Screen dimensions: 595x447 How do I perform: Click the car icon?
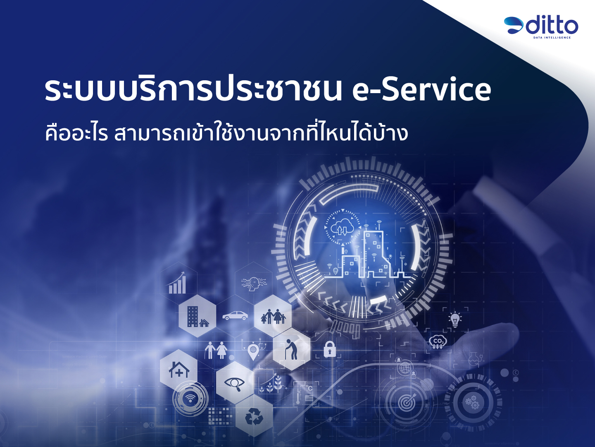(235, 315)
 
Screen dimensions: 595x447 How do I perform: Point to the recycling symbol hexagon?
(254, 417)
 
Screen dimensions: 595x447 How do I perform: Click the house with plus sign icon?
(178, 369)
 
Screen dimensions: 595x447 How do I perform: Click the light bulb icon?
(455, 320)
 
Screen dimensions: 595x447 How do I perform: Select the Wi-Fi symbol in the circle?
(190, 399)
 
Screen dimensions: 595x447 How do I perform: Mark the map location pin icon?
(252, 351)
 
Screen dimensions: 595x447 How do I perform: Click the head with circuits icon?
(254, 284)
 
